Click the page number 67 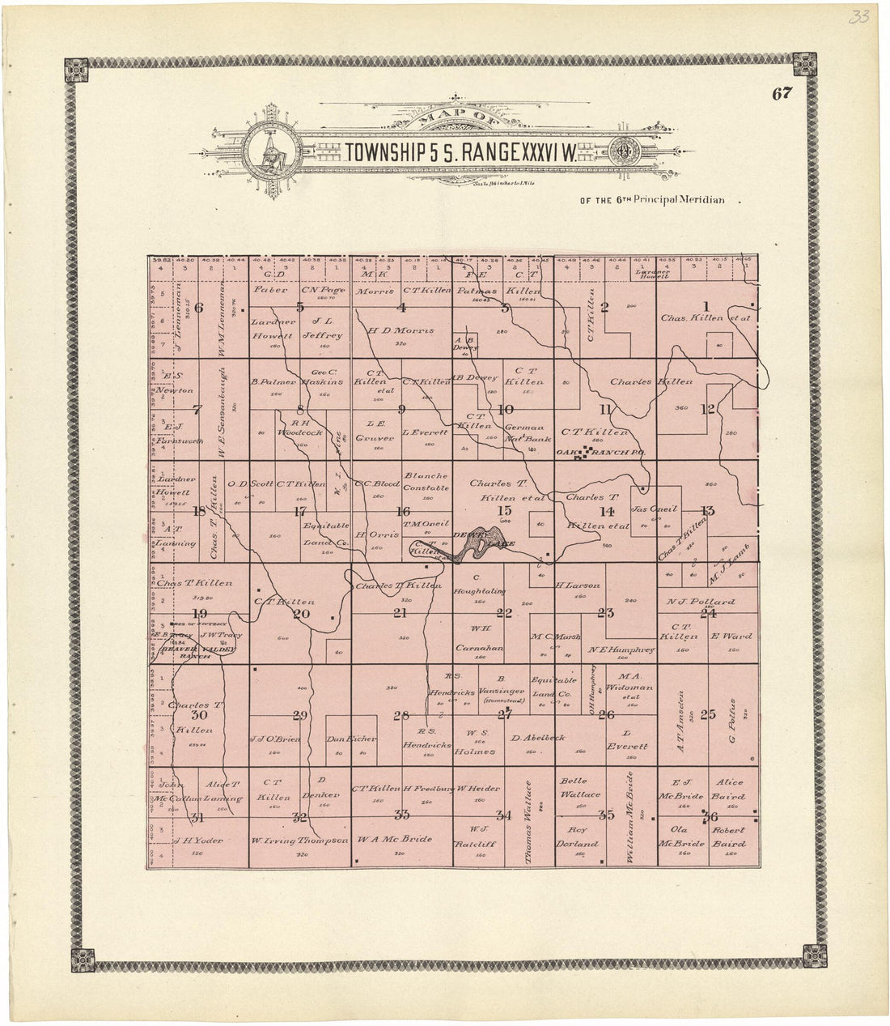click(x=781, y=93)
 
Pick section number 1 click(x=706, y=305)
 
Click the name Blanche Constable click(x=426, y=482)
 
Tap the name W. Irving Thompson click(x=299, y=840)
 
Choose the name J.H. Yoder click(x=193, y=840)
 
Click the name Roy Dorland click(x=577, y=836)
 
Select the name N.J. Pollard click(x=701, y=602)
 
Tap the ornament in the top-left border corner click(x=78, y=67)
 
